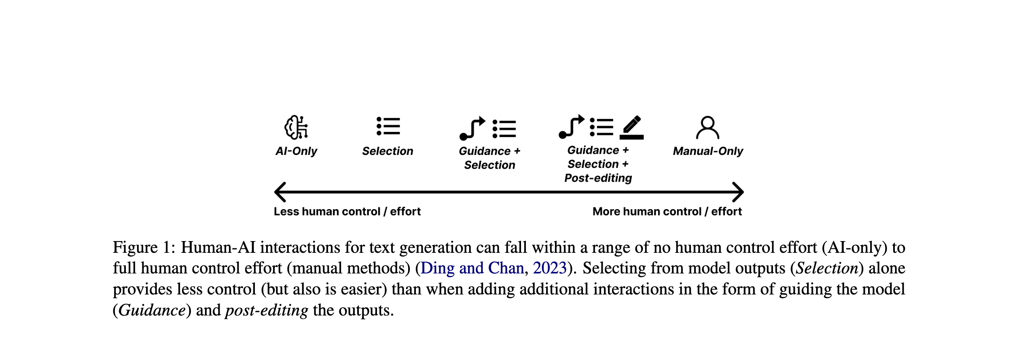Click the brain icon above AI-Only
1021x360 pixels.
tap(296, 127)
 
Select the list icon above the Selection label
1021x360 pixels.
tap(388, 126)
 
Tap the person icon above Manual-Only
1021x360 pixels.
tap(707, 128)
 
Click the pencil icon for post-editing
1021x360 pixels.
tap(631, 127)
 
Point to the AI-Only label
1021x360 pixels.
tap(296, 151)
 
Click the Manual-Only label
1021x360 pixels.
tap(708, 151)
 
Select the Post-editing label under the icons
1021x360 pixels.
tap(598, 178)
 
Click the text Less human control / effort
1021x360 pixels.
tap(347, 212)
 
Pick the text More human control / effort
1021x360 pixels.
tap(667, 212)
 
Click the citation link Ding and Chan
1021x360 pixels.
tap(472, 268)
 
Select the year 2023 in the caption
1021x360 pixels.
tap(550, 268)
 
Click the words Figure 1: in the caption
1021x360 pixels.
tap(144, 247)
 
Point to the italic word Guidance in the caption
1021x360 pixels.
tap(152, 310)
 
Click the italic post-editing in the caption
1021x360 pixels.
tap(267, 310)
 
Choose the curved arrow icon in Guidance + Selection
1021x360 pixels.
tap(472, 128)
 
